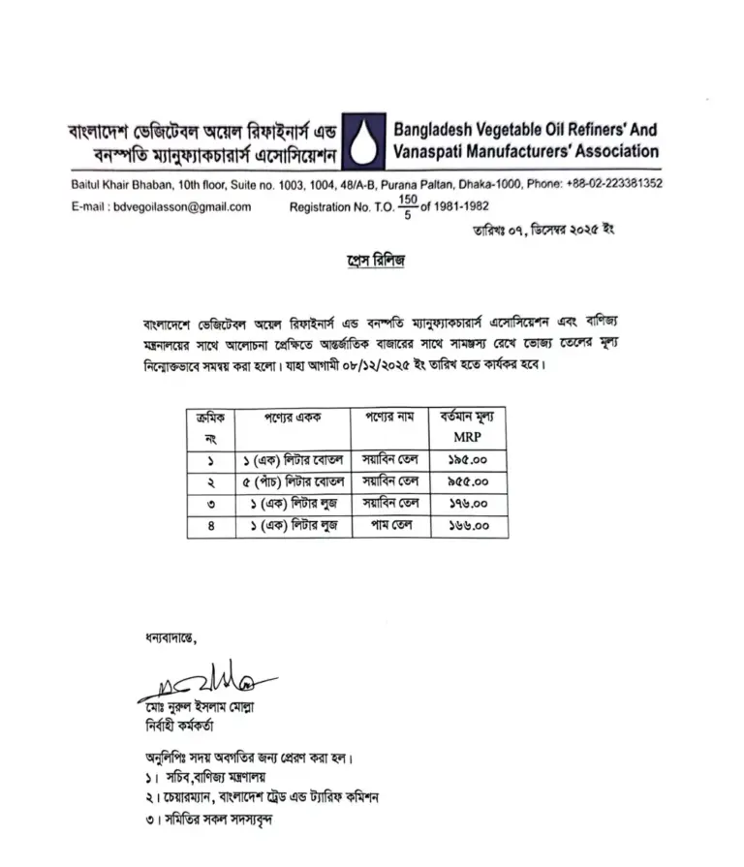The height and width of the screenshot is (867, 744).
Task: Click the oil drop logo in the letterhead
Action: pos(363,141)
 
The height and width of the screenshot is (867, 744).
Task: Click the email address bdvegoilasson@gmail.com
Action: pos(182,206)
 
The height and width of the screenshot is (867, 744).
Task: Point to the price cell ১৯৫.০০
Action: pos(467,458)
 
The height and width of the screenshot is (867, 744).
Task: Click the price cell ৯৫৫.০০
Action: pos(467,480)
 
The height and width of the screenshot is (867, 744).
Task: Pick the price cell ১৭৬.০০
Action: pos(467,504)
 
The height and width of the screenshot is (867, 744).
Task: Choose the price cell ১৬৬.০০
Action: pos(467,526)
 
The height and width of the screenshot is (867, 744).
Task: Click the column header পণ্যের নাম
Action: pos(389,418)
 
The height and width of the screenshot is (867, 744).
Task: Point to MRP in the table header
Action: pos(467,438)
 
